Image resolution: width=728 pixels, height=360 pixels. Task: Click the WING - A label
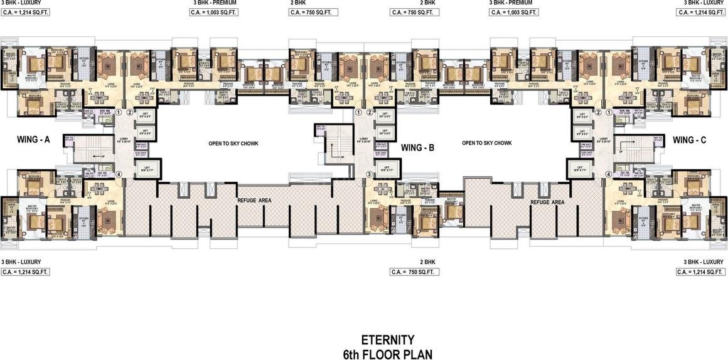pyautogui.click(x=33, y=141)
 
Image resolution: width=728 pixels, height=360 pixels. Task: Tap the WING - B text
pyautogui.click(x=417, y=148)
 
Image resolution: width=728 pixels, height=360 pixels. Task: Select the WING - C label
pyautogui.click(x=689, y=140)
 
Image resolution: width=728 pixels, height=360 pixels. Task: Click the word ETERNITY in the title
pyautogui.click(x=387, y=341)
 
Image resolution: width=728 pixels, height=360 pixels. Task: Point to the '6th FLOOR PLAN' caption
pyautogui.click(x=387, y=354)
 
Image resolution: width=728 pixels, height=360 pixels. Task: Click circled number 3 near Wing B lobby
pyautogui.click(x=370, y=174)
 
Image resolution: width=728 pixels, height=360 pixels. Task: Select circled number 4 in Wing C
pyautogui.click(x=608, y=174)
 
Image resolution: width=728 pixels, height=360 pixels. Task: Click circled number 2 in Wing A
pyautogui.click(x=129, y=113)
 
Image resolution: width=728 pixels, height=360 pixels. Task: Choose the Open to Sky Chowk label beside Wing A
pyautogui.click(x=233, y=144)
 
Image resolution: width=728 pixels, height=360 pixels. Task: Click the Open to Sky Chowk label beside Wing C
pyautogui.click(x=486, y=144)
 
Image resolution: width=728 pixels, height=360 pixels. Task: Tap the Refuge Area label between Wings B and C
pyautogui.click(x=547, y=203)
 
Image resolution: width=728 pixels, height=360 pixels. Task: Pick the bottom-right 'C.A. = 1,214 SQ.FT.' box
pyautogui.click(x=700, y=272)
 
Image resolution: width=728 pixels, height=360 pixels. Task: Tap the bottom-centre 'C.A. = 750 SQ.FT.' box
pyautogui.click(x=414, y=272)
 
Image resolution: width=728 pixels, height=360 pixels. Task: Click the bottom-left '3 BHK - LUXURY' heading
pyautogui.click(x=21, y=262)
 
